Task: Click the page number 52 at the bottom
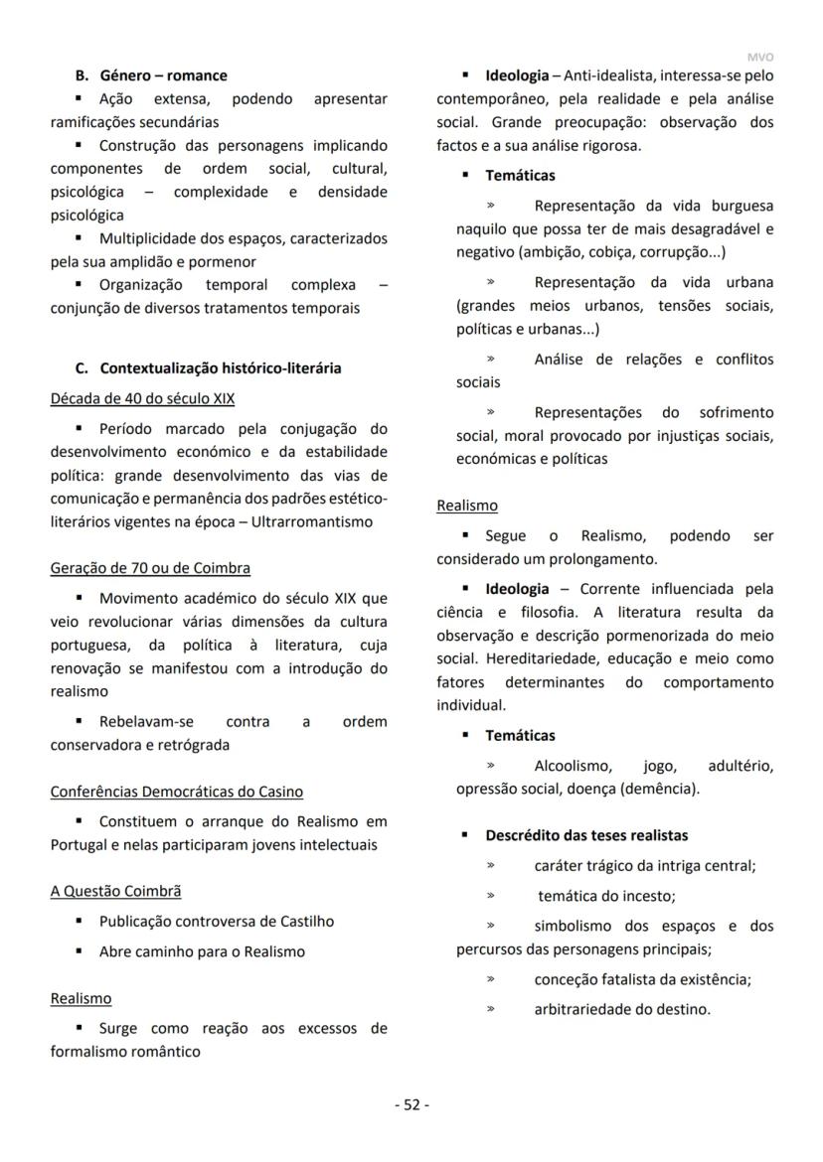coord(411,1104)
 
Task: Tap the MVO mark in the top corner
coord(759,58)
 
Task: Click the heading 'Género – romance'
coord(163,75)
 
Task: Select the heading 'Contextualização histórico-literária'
coord(220,368)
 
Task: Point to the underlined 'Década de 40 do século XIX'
coord(142,399)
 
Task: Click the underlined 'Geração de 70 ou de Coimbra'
coord(150,568)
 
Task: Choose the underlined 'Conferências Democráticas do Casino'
coord(177,792)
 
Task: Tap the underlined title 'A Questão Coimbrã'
coord(115,891)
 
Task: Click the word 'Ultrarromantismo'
coord(312,521)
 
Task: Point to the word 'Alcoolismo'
coord(573,767)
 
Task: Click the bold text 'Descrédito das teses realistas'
coord(586,835)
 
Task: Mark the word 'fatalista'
coord(628,979)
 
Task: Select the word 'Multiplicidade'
coord(148,239)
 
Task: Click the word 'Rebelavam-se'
coord(146,722)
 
